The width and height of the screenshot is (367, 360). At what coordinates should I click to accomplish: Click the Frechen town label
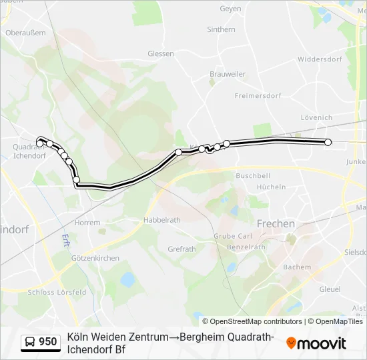click(276, 224)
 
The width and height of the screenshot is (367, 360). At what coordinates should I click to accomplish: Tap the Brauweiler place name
click(228, 74)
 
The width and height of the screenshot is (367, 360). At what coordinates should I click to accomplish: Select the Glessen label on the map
click(160, 53)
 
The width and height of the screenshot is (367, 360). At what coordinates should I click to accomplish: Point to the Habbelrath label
click(162, 219)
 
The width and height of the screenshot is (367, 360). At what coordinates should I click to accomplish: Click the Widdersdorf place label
click(320, 59)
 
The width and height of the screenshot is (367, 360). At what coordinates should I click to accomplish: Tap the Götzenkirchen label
click(95, 258)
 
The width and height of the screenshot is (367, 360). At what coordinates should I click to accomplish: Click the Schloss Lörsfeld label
click(57, 292)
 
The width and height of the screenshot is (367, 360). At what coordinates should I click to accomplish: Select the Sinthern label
click(221, 29)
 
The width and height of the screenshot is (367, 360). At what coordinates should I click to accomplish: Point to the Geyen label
click(230, 9)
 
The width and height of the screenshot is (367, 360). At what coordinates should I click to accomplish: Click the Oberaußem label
click(25, 31)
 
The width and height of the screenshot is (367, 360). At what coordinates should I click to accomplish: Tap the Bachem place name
click(297, 267)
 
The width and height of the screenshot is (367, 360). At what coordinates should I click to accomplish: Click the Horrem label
click(87, 223)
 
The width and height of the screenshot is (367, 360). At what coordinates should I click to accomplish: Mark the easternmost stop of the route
click(328, 142)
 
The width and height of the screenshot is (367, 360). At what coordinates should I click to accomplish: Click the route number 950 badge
click(47, 342)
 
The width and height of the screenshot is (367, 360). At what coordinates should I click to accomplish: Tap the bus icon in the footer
click(30, 342)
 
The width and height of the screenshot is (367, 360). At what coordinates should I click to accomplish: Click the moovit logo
click(316, 343)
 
